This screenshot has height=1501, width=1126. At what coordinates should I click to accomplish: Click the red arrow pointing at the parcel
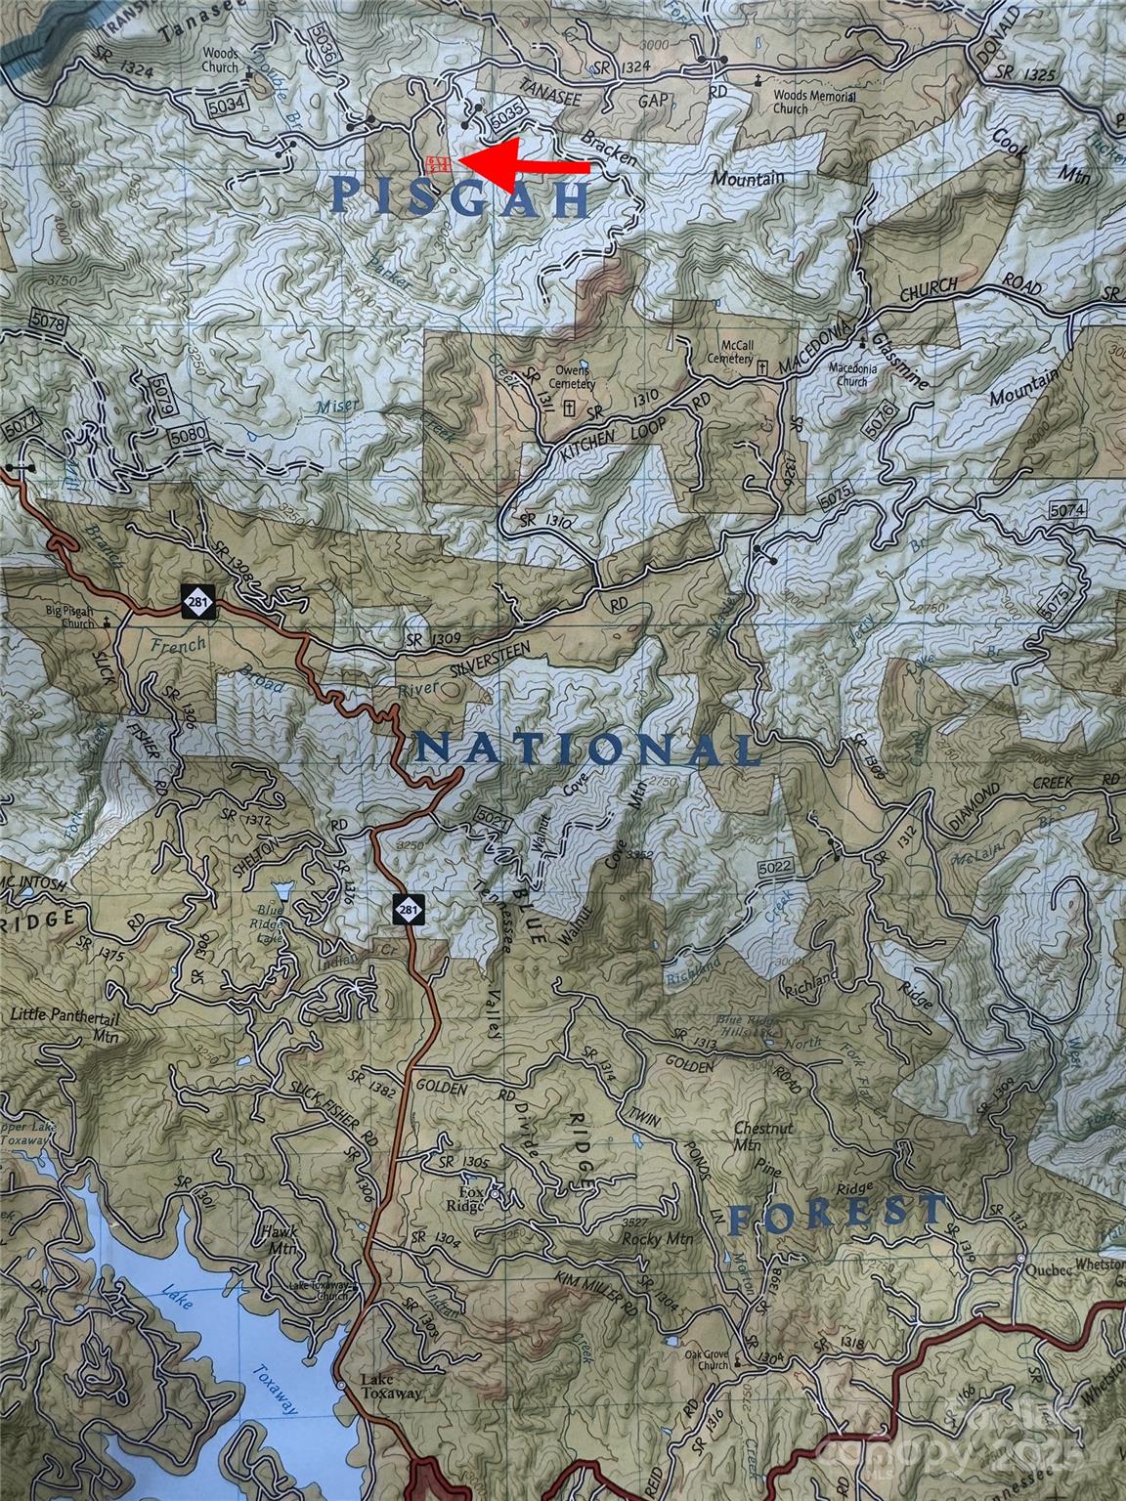pos(528,164)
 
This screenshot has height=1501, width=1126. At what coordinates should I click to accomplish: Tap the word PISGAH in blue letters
pos(460,196)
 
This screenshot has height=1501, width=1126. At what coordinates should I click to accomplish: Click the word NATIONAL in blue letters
pos(587,750)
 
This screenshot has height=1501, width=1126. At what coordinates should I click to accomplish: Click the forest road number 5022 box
pos(773,867)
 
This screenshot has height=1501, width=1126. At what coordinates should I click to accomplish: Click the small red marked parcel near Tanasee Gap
pos(438,162)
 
